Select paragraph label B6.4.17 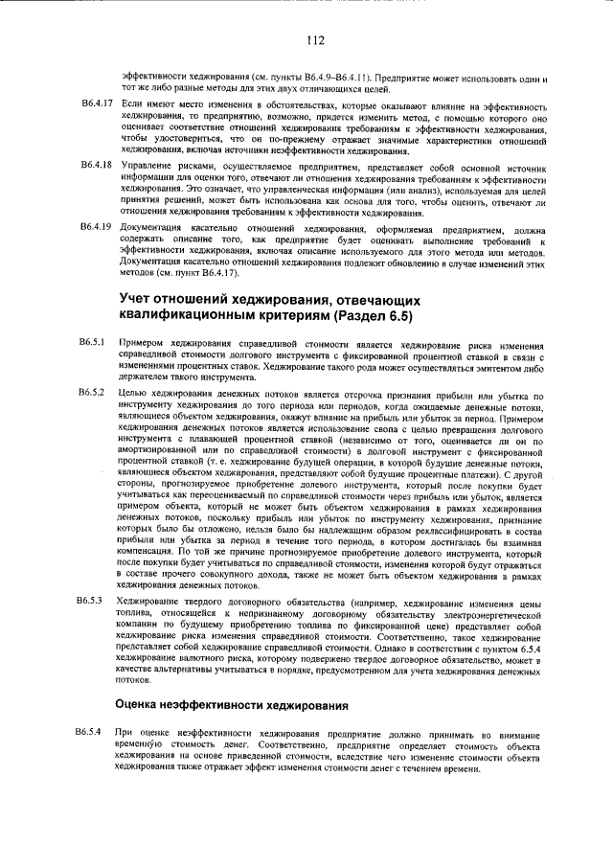(x=96, y=103)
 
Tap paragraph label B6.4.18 (x=96, y=166)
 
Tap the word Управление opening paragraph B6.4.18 (x=146, y=166)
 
